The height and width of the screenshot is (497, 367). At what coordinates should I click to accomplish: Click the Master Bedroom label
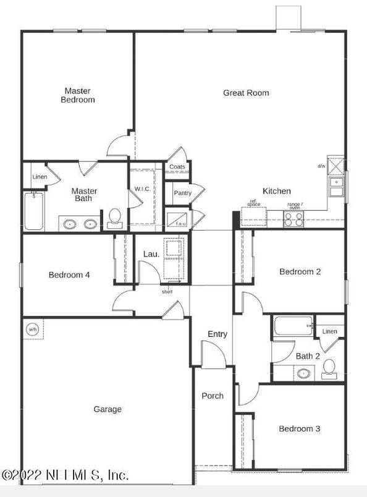pos(78,95)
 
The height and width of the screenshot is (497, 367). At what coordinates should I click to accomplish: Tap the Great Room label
pos(246,93)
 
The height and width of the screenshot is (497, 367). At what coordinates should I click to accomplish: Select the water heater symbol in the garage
pos(32,329)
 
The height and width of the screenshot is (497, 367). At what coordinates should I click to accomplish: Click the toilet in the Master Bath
pos(114,217)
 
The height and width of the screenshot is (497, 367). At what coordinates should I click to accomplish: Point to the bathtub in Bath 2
pos(293,326)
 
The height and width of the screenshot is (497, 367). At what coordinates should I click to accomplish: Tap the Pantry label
pos(182,193)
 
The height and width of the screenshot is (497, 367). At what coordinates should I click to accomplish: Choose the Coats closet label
pos(177,167)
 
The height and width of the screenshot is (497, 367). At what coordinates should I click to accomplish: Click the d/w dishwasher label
pos(321,166)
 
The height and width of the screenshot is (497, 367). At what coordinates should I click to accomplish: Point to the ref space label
pos(253,203)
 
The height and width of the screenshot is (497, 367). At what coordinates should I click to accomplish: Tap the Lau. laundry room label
pos(151,253)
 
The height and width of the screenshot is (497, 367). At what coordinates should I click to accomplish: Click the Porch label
pos(213,396)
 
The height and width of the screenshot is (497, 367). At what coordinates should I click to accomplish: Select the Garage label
pos(108,409)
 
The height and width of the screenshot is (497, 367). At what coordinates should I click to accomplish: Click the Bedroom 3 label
pos(299,428)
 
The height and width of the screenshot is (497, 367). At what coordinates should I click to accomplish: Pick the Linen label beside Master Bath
pos(40,177)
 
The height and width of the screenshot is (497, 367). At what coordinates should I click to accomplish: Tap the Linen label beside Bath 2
pos(329,331)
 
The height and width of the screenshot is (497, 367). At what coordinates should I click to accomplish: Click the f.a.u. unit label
pos(181,224)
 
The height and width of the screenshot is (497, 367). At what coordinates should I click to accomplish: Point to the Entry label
pos(217,334)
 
